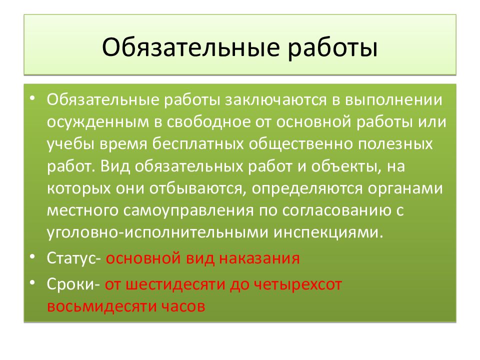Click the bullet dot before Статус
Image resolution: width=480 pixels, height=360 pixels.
[32, 255]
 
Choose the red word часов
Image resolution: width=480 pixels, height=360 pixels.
[183, 305]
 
